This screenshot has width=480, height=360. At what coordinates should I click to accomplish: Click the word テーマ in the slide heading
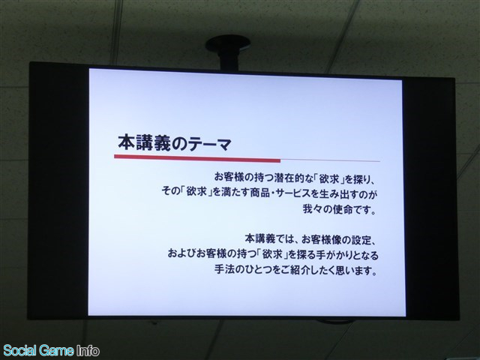tap(210, 144)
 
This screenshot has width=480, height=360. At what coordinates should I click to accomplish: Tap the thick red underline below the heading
tap(197, 158)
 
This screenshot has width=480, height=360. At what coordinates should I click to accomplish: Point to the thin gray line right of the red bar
tap(330, 160)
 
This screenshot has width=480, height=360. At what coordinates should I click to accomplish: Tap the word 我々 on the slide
tap(313, 210)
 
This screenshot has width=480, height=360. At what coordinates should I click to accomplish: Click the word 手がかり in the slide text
tap(331, 255)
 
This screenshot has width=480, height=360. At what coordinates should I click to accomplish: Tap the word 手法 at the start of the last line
tap(223, 270)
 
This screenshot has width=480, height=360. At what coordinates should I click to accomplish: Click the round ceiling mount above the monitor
tap(228, 43)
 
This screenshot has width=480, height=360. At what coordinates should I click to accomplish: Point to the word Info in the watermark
tap(88, 350)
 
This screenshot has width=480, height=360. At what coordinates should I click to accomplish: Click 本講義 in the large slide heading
tap(144, 143)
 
